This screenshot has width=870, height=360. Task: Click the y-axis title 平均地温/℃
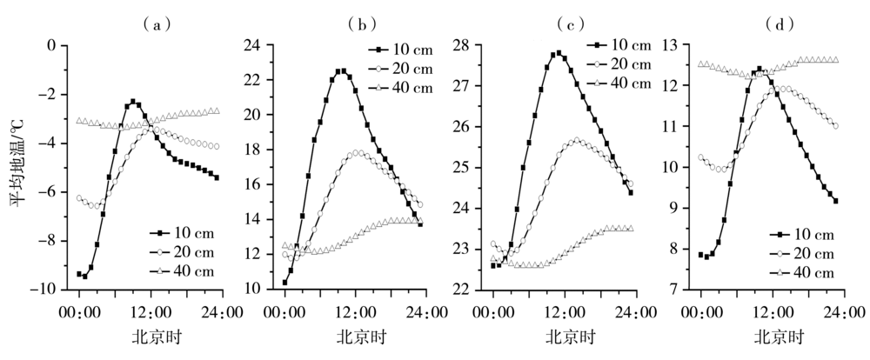[x=19, y=166]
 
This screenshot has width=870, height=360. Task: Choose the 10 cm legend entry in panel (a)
[x=181, y=234]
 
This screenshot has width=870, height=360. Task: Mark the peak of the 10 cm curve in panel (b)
[x=340, y=71]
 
